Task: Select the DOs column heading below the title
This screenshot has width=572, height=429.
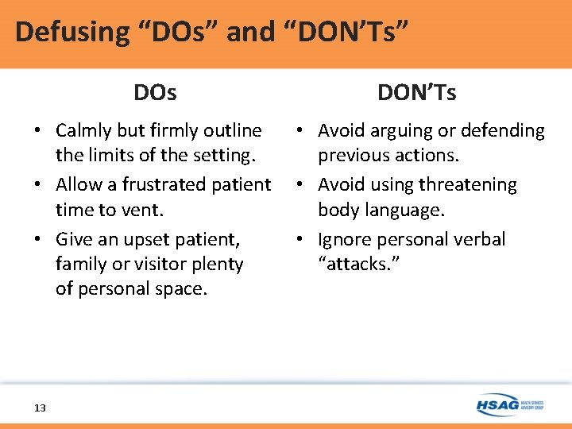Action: pos(155,93)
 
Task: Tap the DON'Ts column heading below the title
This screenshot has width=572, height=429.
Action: pos(417,93)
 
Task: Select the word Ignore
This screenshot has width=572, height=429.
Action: pos(344,239)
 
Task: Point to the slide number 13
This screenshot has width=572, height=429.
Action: pos(40,408)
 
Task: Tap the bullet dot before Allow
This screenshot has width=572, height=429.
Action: pos(39,185)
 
